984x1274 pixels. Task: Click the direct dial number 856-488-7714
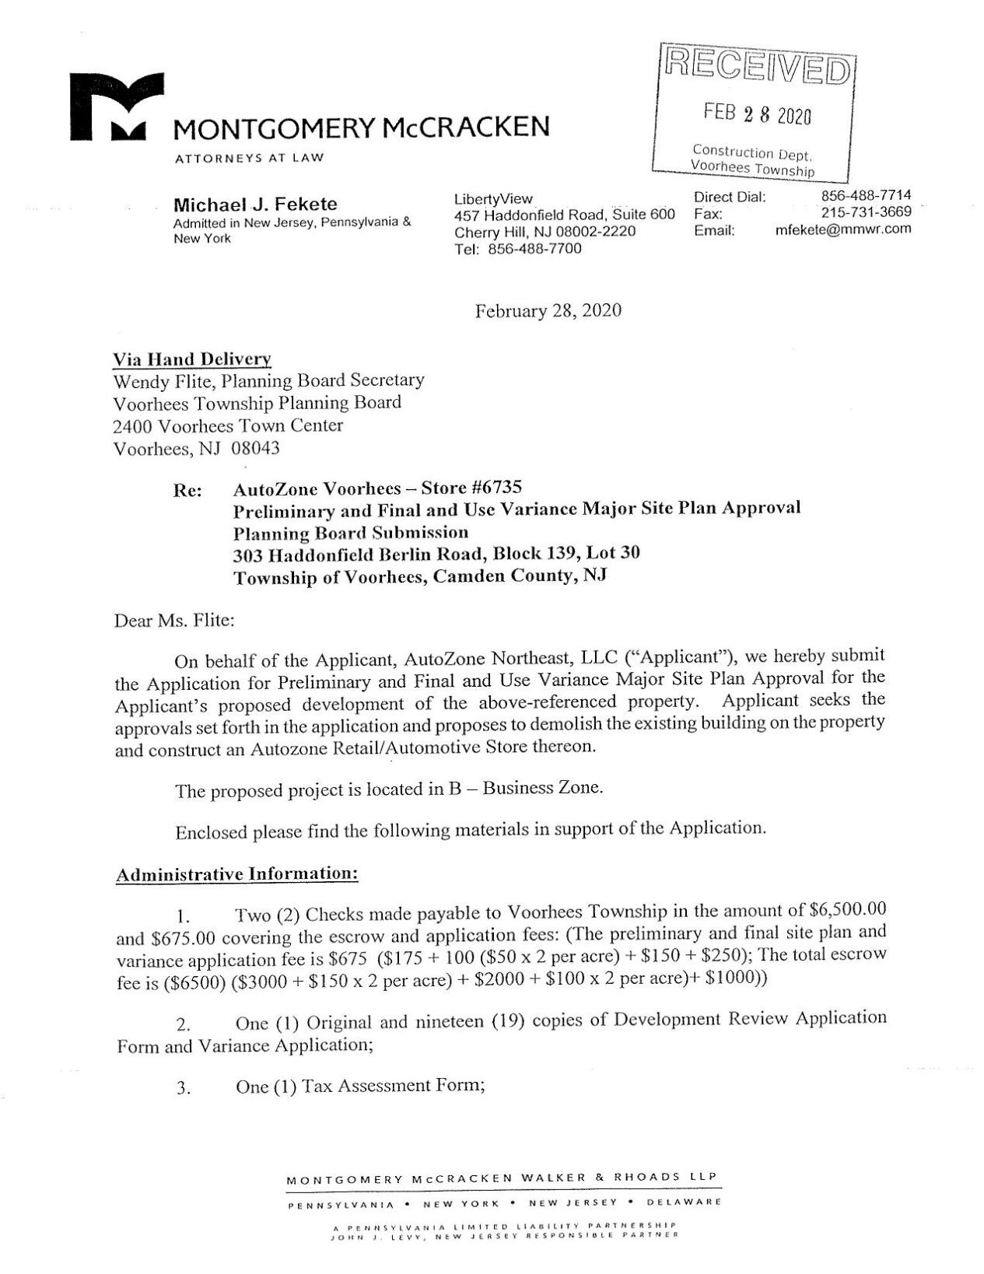pos(866,196)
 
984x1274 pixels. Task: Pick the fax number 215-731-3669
pos(866,212)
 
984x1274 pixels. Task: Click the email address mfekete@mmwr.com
pos(843,229)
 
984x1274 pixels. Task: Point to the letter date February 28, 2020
pos(548,311)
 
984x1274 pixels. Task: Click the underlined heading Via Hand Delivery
pos(192,359)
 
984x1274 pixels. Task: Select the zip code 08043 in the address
pos(255,449)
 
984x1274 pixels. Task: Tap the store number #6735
pos(496,488)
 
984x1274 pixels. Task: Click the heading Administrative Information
pos(236,873)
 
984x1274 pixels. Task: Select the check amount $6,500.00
pos(848,908)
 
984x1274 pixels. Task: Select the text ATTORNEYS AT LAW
pos(249,158)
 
